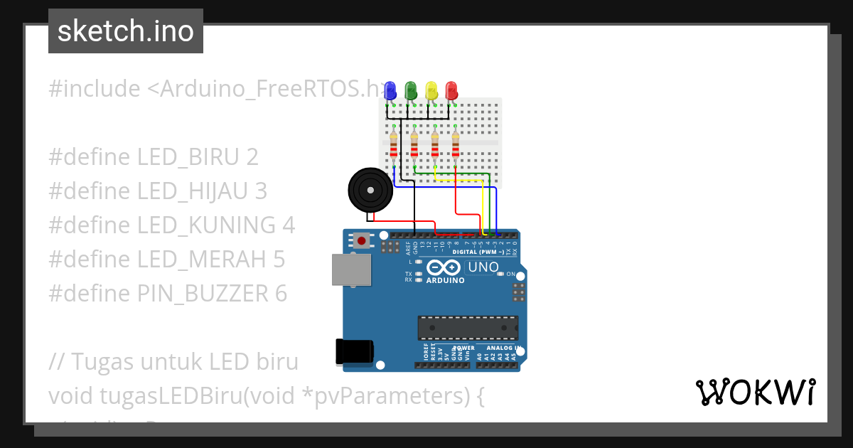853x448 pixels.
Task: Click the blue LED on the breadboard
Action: click(x=390, y=90)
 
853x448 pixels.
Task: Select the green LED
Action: click(x=410, y=90)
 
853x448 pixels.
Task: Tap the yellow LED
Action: click(x=431, y=90)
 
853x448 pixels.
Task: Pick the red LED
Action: click(x=451, y=90)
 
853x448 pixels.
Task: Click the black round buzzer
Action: click(x=370, y=190)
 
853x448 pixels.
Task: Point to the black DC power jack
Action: click(x=354, y=352)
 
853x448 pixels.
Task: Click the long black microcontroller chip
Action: click(x=467, y=327)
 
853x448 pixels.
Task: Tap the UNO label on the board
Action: click(x=483, y=268)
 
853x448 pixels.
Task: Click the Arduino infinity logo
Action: click(x=444, y=268)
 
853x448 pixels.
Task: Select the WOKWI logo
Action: click(x=755, y=392)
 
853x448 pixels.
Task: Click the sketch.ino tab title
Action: click(x=126, y=31)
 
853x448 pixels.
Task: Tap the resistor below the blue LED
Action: click(x=393, y=146)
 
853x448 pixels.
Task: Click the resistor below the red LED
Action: click(x=455, y=146)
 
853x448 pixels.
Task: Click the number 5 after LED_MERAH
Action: click(x=279, y=260)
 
